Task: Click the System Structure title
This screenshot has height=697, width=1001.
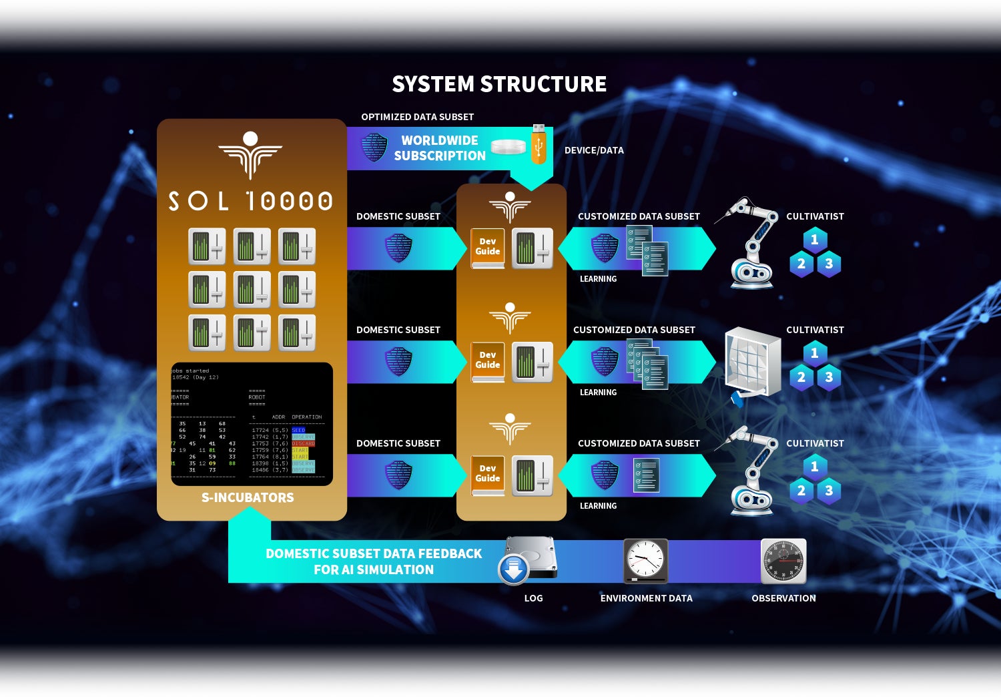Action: coord(499,84)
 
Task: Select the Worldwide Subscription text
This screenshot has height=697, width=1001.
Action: coord(440,148)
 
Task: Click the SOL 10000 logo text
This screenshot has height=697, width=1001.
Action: coord(250,200)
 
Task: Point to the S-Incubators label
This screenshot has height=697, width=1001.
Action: coord(248,497)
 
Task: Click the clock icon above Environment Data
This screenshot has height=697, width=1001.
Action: coord(645,560)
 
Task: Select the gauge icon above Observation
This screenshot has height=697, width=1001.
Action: coord(783,561)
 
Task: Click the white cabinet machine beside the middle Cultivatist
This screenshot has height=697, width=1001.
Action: coord(752,364)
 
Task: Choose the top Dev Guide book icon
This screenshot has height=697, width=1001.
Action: coord(488,248)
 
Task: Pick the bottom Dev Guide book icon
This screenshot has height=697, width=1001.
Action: coord(488,475)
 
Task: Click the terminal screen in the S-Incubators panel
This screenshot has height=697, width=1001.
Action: coord(252,424)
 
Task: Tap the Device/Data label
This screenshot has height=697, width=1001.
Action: coord(594,150)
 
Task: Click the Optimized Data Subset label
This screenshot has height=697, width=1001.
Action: coord(417,117)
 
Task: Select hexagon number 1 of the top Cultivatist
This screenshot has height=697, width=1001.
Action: coord(814,240)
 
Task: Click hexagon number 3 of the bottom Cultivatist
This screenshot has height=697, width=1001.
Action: coord(829,491)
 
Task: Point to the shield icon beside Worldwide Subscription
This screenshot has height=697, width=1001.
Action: coord(374,147)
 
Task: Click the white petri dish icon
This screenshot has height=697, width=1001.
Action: coord(509,147)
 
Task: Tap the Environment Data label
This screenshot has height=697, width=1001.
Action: coord(646,598)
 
